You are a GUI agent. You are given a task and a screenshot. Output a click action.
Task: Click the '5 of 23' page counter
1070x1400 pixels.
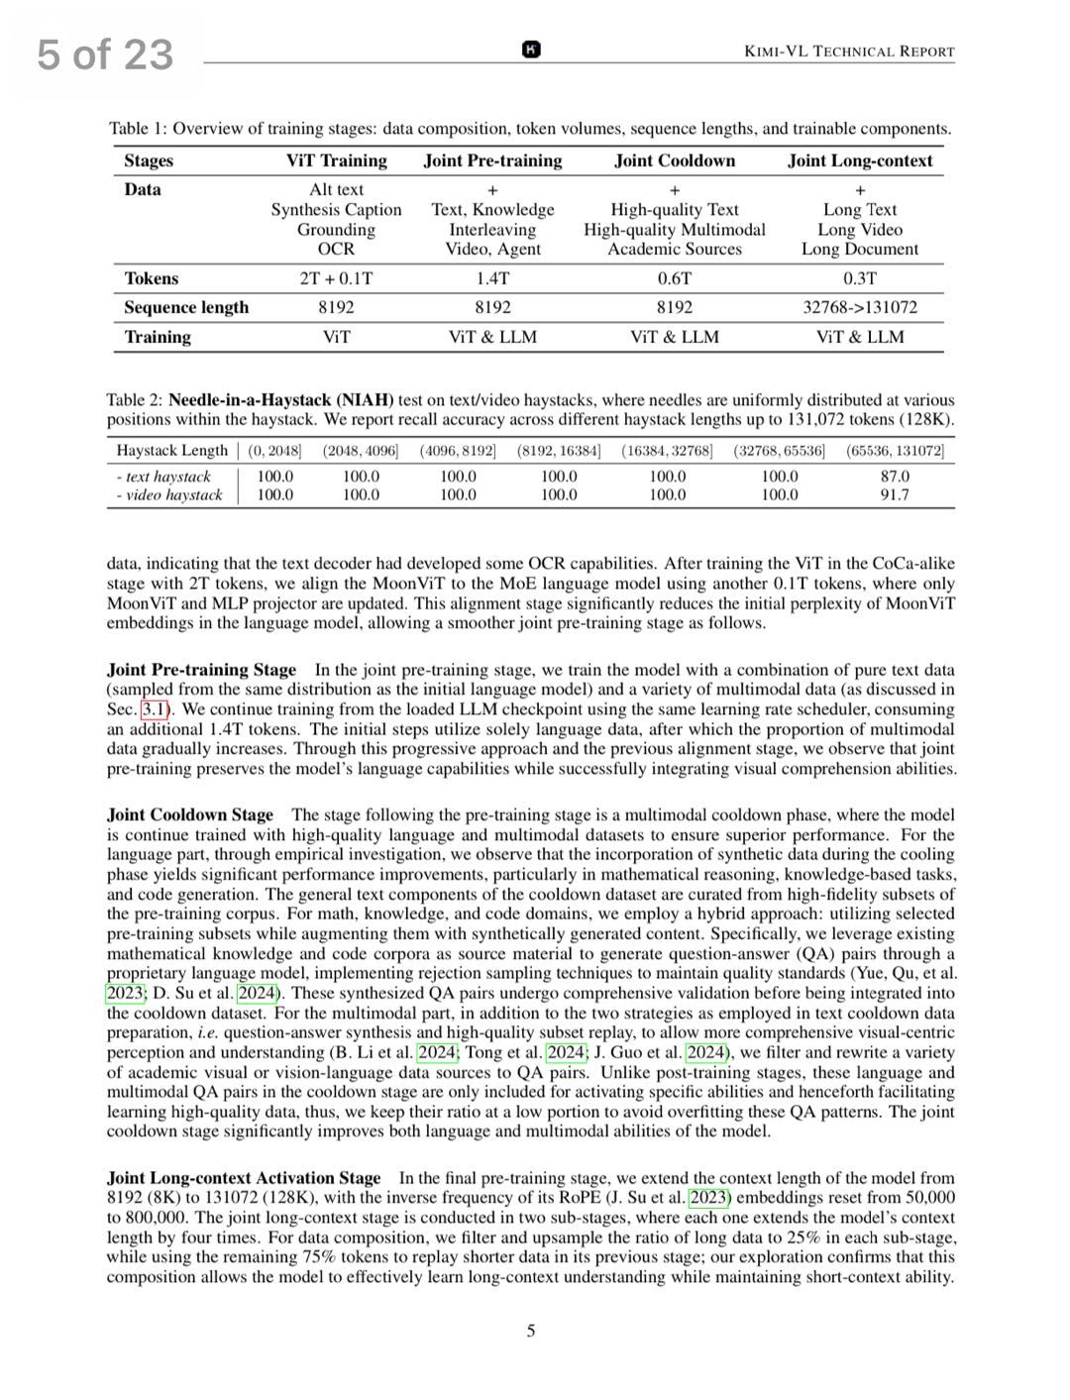105,54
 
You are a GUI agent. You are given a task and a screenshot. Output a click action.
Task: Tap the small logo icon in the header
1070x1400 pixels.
531,50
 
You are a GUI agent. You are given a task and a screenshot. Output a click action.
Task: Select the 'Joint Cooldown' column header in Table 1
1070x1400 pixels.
675,161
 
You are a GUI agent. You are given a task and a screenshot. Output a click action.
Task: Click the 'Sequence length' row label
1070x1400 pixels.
186,307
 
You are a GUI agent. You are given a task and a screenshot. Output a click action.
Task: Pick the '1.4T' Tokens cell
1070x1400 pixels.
492,278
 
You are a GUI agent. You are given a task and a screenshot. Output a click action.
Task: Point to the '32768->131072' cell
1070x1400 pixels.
860,307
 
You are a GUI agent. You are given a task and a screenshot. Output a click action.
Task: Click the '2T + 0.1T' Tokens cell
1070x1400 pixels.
336,278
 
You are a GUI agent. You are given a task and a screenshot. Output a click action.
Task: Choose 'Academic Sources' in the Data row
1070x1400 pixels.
675,250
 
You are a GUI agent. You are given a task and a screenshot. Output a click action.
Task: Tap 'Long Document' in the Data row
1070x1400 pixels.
860,250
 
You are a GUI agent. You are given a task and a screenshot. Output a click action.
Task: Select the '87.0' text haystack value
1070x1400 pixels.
895,476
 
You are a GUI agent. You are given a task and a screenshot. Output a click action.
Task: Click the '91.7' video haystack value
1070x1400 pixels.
895,494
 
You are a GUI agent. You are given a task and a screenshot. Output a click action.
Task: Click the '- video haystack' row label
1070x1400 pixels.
169,494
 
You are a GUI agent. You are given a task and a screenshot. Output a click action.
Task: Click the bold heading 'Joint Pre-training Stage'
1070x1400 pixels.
201,670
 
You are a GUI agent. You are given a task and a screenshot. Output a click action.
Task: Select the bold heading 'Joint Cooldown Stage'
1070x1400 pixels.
190,814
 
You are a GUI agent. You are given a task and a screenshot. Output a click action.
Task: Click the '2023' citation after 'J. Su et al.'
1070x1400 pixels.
709,1198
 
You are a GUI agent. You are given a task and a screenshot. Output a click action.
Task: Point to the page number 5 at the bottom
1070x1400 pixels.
531,1331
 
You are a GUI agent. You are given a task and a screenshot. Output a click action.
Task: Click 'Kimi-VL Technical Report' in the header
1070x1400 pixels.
849,52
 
